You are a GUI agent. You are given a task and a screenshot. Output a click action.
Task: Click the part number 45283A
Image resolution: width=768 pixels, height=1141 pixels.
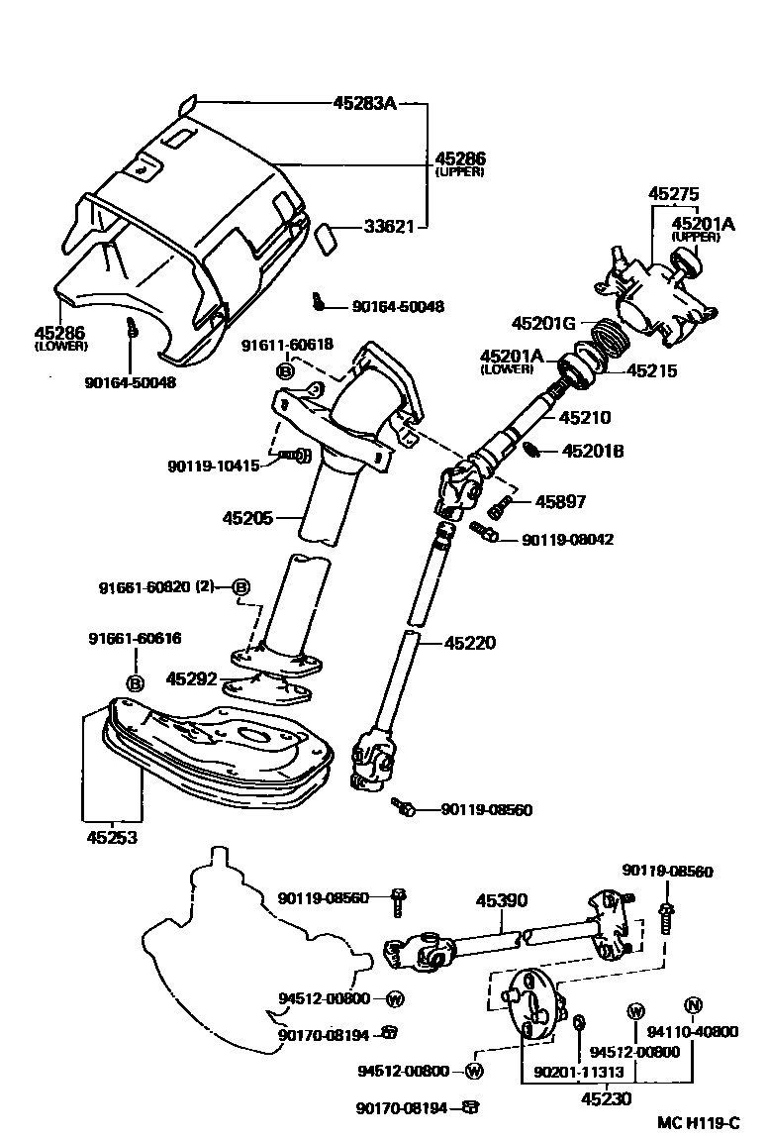point(364,102)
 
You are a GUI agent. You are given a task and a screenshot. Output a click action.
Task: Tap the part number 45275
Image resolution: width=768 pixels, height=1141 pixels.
point(673,194)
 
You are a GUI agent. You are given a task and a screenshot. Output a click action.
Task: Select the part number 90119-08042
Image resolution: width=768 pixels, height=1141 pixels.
point(568,540)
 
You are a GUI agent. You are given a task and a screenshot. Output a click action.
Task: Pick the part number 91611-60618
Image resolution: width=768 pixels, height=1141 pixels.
point(287,345)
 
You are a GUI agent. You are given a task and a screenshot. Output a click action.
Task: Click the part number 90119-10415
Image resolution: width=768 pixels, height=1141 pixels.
point(213,464)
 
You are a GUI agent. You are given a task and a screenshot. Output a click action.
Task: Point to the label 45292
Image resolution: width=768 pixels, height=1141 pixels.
point(190,679)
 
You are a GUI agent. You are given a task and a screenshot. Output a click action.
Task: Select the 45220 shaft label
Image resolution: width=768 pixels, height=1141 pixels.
point(470,643)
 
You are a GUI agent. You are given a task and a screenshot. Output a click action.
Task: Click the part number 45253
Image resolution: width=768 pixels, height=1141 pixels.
point(110,837)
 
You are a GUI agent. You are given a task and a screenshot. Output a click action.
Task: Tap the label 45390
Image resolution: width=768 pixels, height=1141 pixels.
point(502,900)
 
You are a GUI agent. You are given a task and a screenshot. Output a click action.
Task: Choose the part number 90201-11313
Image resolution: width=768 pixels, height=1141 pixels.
point(574,1071)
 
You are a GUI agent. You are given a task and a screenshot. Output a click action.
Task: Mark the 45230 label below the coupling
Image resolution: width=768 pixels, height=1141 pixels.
point(606,1097)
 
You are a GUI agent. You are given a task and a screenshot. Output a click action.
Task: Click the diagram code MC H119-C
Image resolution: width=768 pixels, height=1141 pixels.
point(699,1123)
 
